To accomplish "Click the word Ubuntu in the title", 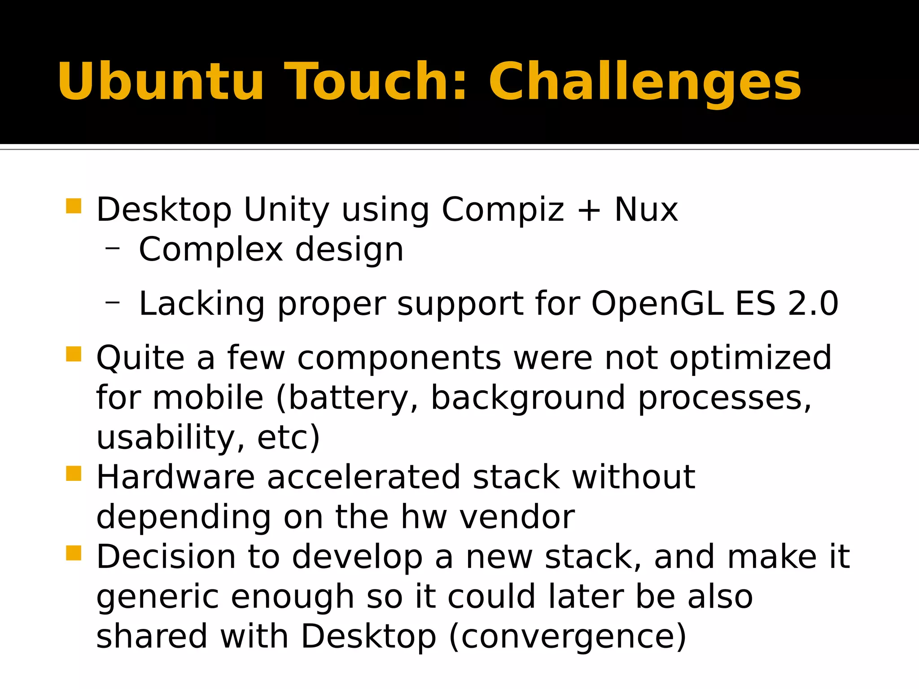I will [x=160, y=82].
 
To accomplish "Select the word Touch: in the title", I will [x=376, y=82].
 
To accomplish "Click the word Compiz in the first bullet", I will [x=503, y=210].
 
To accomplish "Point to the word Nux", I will [x=646, y=209].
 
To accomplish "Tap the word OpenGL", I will [x=657, y=304].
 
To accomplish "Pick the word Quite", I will [x=140, y=358].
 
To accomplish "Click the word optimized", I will [x=750, y=359].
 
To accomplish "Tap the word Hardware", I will [x=175, y=477].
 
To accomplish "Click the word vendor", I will [x=517, y=517].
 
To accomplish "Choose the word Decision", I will [x=166, y=557].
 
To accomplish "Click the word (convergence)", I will [x=568, y=637].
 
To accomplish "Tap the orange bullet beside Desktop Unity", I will [x=74, y=206].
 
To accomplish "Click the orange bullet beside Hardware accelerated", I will [x=74, y=473].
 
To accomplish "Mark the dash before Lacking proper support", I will [x=113, y=302].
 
